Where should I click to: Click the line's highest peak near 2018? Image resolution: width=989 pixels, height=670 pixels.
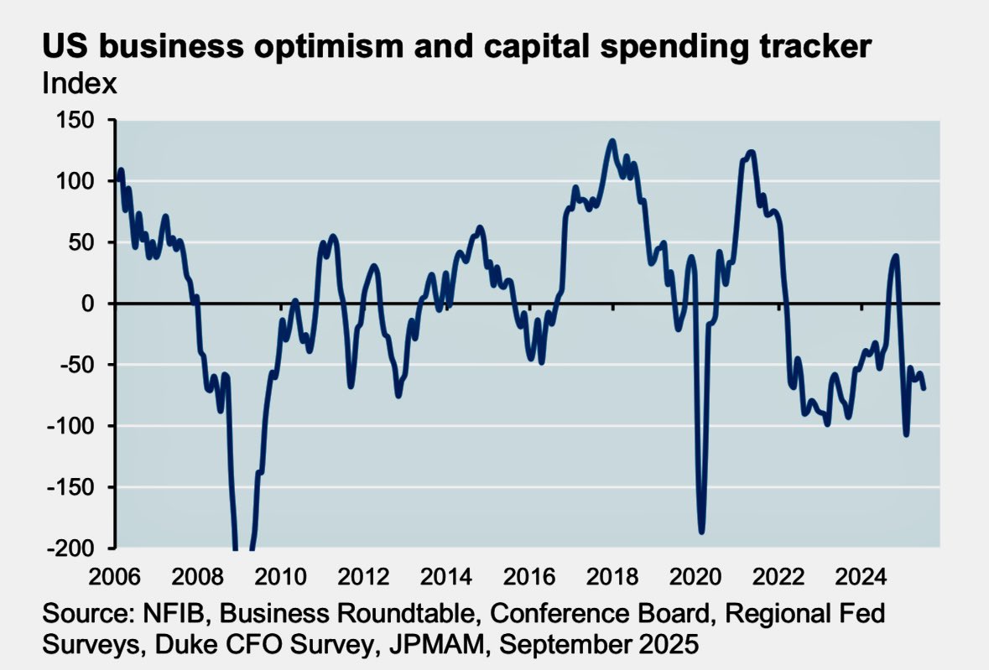click(612, 141)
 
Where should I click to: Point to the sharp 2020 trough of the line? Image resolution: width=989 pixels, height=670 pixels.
click(701, 531)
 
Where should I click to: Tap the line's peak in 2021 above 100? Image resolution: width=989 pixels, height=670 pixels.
click(750, 152)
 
